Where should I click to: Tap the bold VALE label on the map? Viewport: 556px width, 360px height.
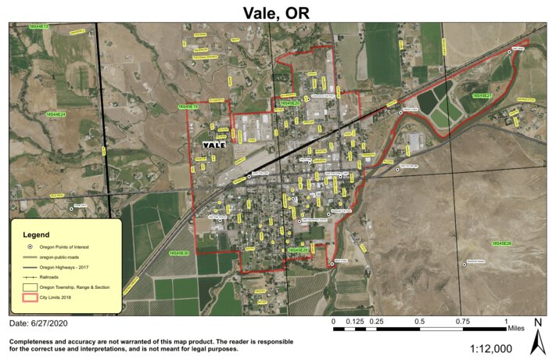tap(213, 145)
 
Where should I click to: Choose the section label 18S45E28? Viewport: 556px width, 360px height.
tap(501, 244)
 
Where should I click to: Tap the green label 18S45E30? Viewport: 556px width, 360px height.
tap(179, 253)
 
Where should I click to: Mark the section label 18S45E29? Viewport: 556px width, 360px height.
tap(298, 250)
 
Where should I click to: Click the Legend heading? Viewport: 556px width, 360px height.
tap(36, 234)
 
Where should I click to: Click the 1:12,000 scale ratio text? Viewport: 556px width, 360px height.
tap(496, 348)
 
